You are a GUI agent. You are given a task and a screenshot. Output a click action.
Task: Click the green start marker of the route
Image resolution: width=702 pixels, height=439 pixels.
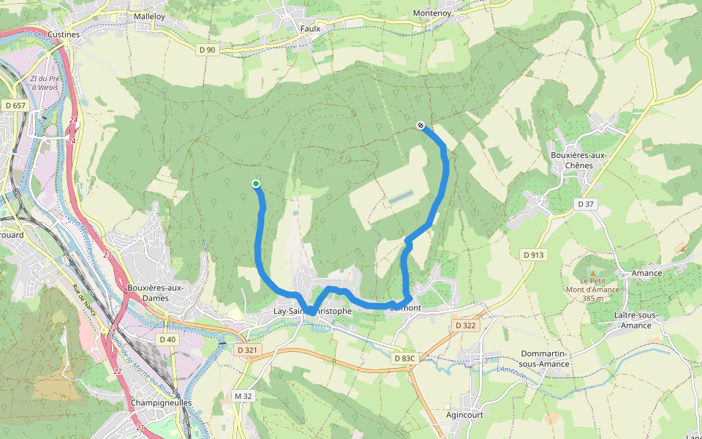[x=256, y=184]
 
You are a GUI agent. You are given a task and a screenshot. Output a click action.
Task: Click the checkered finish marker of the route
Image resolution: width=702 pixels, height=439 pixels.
[x=421, y=125]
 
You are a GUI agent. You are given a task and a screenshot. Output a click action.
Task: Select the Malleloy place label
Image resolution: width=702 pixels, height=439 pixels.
[x=150, y=15]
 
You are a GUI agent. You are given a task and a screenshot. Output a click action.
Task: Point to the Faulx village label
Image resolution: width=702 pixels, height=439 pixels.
[x=311, y=29]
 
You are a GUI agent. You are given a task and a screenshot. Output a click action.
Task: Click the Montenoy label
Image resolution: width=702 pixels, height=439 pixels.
[x=432, y=14]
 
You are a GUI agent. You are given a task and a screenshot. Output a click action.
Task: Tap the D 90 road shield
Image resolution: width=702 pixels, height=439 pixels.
[x=207, y=49]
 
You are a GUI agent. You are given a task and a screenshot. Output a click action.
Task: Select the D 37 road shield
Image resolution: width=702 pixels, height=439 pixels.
[x=585, y=204]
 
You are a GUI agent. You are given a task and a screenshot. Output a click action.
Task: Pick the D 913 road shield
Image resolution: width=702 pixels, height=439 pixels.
[x=534, y=254]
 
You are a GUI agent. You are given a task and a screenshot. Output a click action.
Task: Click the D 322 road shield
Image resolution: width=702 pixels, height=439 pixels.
[x=465, y=325]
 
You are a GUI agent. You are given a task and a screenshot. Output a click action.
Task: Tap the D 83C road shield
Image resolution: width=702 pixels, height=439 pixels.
[x=404, y=359]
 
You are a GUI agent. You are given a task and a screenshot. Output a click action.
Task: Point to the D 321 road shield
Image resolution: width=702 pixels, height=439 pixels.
[x=248, y=350]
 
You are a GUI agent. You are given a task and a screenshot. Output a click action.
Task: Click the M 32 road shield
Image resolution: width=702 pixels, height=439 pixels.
[x=243, y=396]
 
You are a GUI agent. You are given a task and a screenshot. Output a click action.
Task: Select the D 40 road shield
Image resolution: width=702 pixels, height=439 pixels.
[x=167, y=339]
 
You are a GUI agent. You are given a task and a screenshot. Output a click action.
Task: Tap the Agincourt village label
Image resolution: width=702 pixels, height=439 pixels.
[x=464, y=415]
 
